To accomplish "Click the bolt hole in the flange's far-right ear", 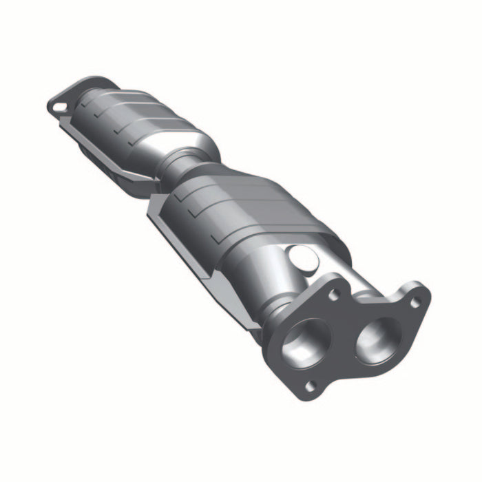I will pos(415,302).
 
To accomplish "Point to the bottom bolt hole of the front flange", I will pos(311,386).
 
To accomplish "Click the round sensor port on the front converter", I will pos(303,258).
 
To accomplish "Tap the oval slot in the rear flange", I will pos(60,107).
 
